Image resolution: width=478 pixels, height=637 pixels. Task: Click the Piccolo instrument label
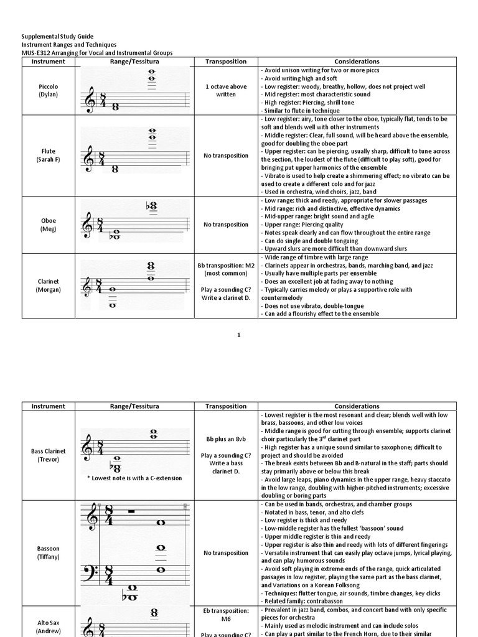pyautogui.click(x=48, y=86)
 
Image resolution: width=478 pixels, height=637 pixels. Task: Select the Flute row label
pyautogui.click(x=48, y=151)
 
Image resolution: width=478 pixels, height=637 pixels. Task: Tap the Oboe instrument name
pyautogui.click(x=48, y=221)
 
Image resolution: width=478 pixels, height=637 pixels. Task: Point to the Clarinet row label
pyautogui.click(x=48, y=281)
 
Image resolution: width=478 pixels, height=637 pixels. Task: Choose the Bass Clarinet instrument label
pyautogui.click(x=48, y=450)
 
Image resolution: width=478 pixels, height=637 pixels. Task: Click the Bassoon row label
pyautogui.click(x=48, y=549)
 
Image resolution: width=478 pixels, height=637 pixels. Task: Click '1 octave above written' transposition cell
pyautogui.click(x=225, y=90)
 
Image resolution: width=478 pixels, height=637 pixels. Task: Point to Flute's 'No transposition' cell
pyautogui.click(x=225, y=156)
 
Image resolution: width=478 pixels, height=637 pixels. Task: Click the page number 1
pyautogui.click(x=238, y=335)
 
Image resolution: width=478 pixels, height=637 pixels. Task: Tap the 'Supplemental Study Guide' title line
pyautogui.click(x=58, y=37)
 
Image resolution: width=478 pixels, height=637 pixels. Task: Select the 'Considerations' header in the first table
pyautogui.click(x=357, y=62)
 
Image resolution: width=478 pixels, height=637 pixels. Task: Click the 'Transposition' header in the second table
pyautogui.click(x=225, y=406)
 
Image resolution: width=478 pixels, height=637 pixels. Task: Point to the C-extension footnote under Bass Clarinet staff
pyautogui.click(x=134, y=478)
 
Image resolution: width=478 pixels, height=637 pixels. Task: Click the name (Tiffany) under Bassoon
pyautogui.click(x=48, y=557)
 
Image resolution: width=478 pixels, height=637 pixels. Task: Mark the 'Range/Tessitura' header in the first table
pyautogui.click(x=134, y=62)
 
